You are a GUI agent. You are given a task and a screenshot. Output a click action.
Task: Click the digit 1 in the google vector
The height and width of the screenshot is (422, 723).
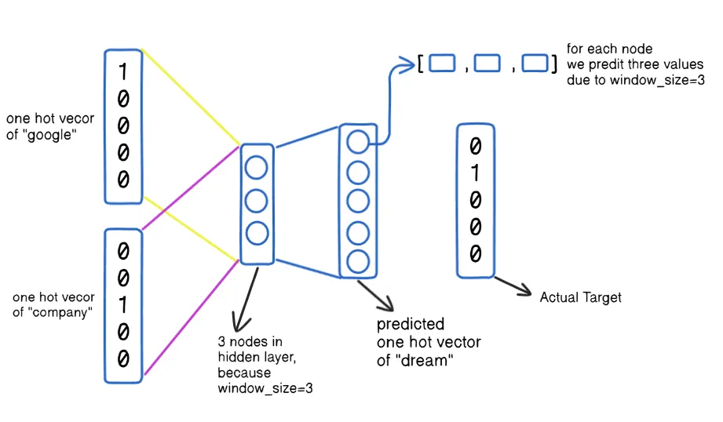pos(122,71)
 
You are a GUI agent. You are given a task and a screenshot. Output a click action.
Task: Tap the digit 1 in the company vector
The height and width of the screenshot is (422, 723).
pos(122,304)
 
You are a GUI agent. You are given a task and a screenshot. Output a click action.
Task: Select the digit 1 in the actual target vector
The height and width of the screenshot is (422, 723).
pos(475,173)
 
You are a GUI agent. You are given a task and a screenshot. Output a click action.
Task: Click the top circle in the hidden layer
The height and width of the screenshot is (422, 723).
pos(257,168)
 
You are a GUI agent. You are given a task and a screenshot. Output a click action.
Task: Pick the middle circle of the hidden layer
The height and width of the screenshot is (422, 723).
pos(257,201)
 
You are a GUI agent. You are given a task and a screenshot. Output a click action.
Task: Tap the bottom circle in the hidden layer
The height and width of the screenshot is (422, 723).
pos(257,233)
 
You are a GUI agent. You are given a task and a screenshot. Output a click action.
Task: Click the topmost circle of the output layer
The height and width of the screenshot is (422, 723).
pos(358,141)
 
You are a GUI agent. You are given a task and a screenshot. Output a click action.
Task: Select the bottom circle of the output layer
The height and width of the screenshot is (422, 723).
pos(358,262)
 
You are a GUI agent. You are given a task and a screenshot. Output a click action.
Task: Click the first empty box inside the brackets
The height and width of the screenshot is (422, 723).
pos(442,63)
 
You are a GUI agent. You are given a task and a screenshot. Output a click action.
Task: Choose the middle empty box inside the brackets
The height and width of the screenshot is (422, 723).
pos(487,63)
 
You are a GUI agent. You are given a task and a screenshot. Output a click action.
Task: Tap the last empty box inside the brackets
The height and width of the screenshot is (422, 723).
pos(535,63)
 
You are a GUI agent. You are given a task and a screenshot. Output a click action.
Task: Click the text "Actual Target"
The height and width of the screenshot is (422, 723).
pos(581,297)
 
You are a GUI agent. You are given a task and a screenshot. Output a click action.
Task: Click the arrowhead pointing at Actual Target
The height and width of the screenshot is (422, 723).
pos(525,291)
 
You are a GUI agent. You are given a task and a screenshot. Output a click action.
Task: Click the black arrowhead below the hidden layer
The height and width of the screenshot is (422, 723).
pos(239,323)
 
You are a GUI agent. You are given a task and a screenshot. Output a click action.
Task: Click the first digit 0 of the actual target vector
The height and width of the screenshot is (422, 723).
pos(476,146)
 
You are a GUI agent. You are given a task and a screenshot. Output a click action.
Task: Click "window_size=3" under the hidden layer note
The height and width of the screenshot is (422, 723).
pos(265,388)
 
